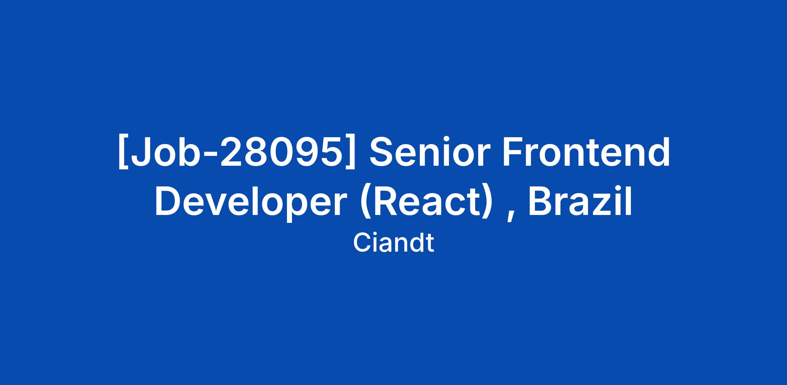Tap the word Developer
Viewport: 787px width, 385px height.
[x=251, y=202]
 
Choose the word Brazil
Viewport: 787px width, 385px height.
[x=580, y=201]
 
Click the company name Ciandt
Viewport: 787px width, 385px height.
[x=393, y=243]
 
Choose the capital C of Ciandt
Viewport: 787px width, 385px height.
[x=362, y=243]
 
